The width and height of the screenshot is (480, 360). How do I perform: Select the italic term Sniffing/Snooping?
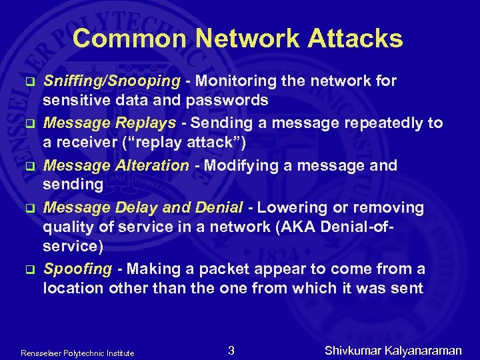pos(111,81)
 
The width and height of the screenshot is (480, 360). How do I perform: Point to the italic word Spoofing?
pos(77,269)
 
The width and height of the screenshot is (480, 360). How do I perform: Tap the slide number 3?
pos(231,350)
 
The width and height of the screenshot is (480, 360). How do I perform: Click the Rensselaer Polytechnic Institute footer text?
pos(77,353)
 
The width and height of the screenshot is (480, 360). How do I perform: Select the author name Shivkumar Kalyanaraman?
pos(392,351)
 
